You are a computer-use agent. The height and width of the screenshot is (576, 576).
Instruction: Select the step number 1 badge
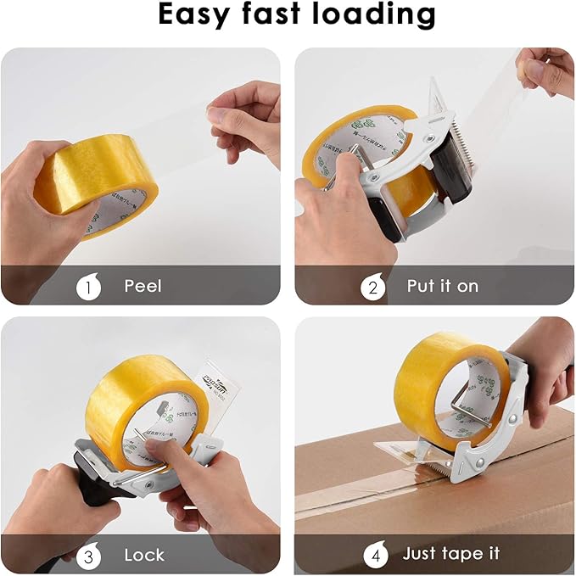[x=88, y=287]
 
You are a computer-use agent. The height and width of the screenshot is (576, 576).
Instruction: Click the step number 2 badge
[x=373, y=287]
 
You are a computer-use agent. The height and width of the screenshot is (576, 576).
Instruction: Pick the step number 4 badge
[x=373, y=555]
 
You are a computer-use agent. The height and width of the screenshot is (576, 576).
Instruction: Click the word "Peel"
[x=143, y=287]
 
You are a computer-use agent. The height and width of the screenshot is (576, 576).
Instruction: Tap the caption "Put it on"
[x=442, y=287]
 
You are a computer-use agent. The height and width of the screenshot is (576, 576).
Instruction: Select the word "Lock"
[x=144, y=555]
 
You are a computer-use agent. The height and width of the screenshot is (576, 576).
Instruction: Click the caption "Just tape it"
[x=451, y=555]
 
